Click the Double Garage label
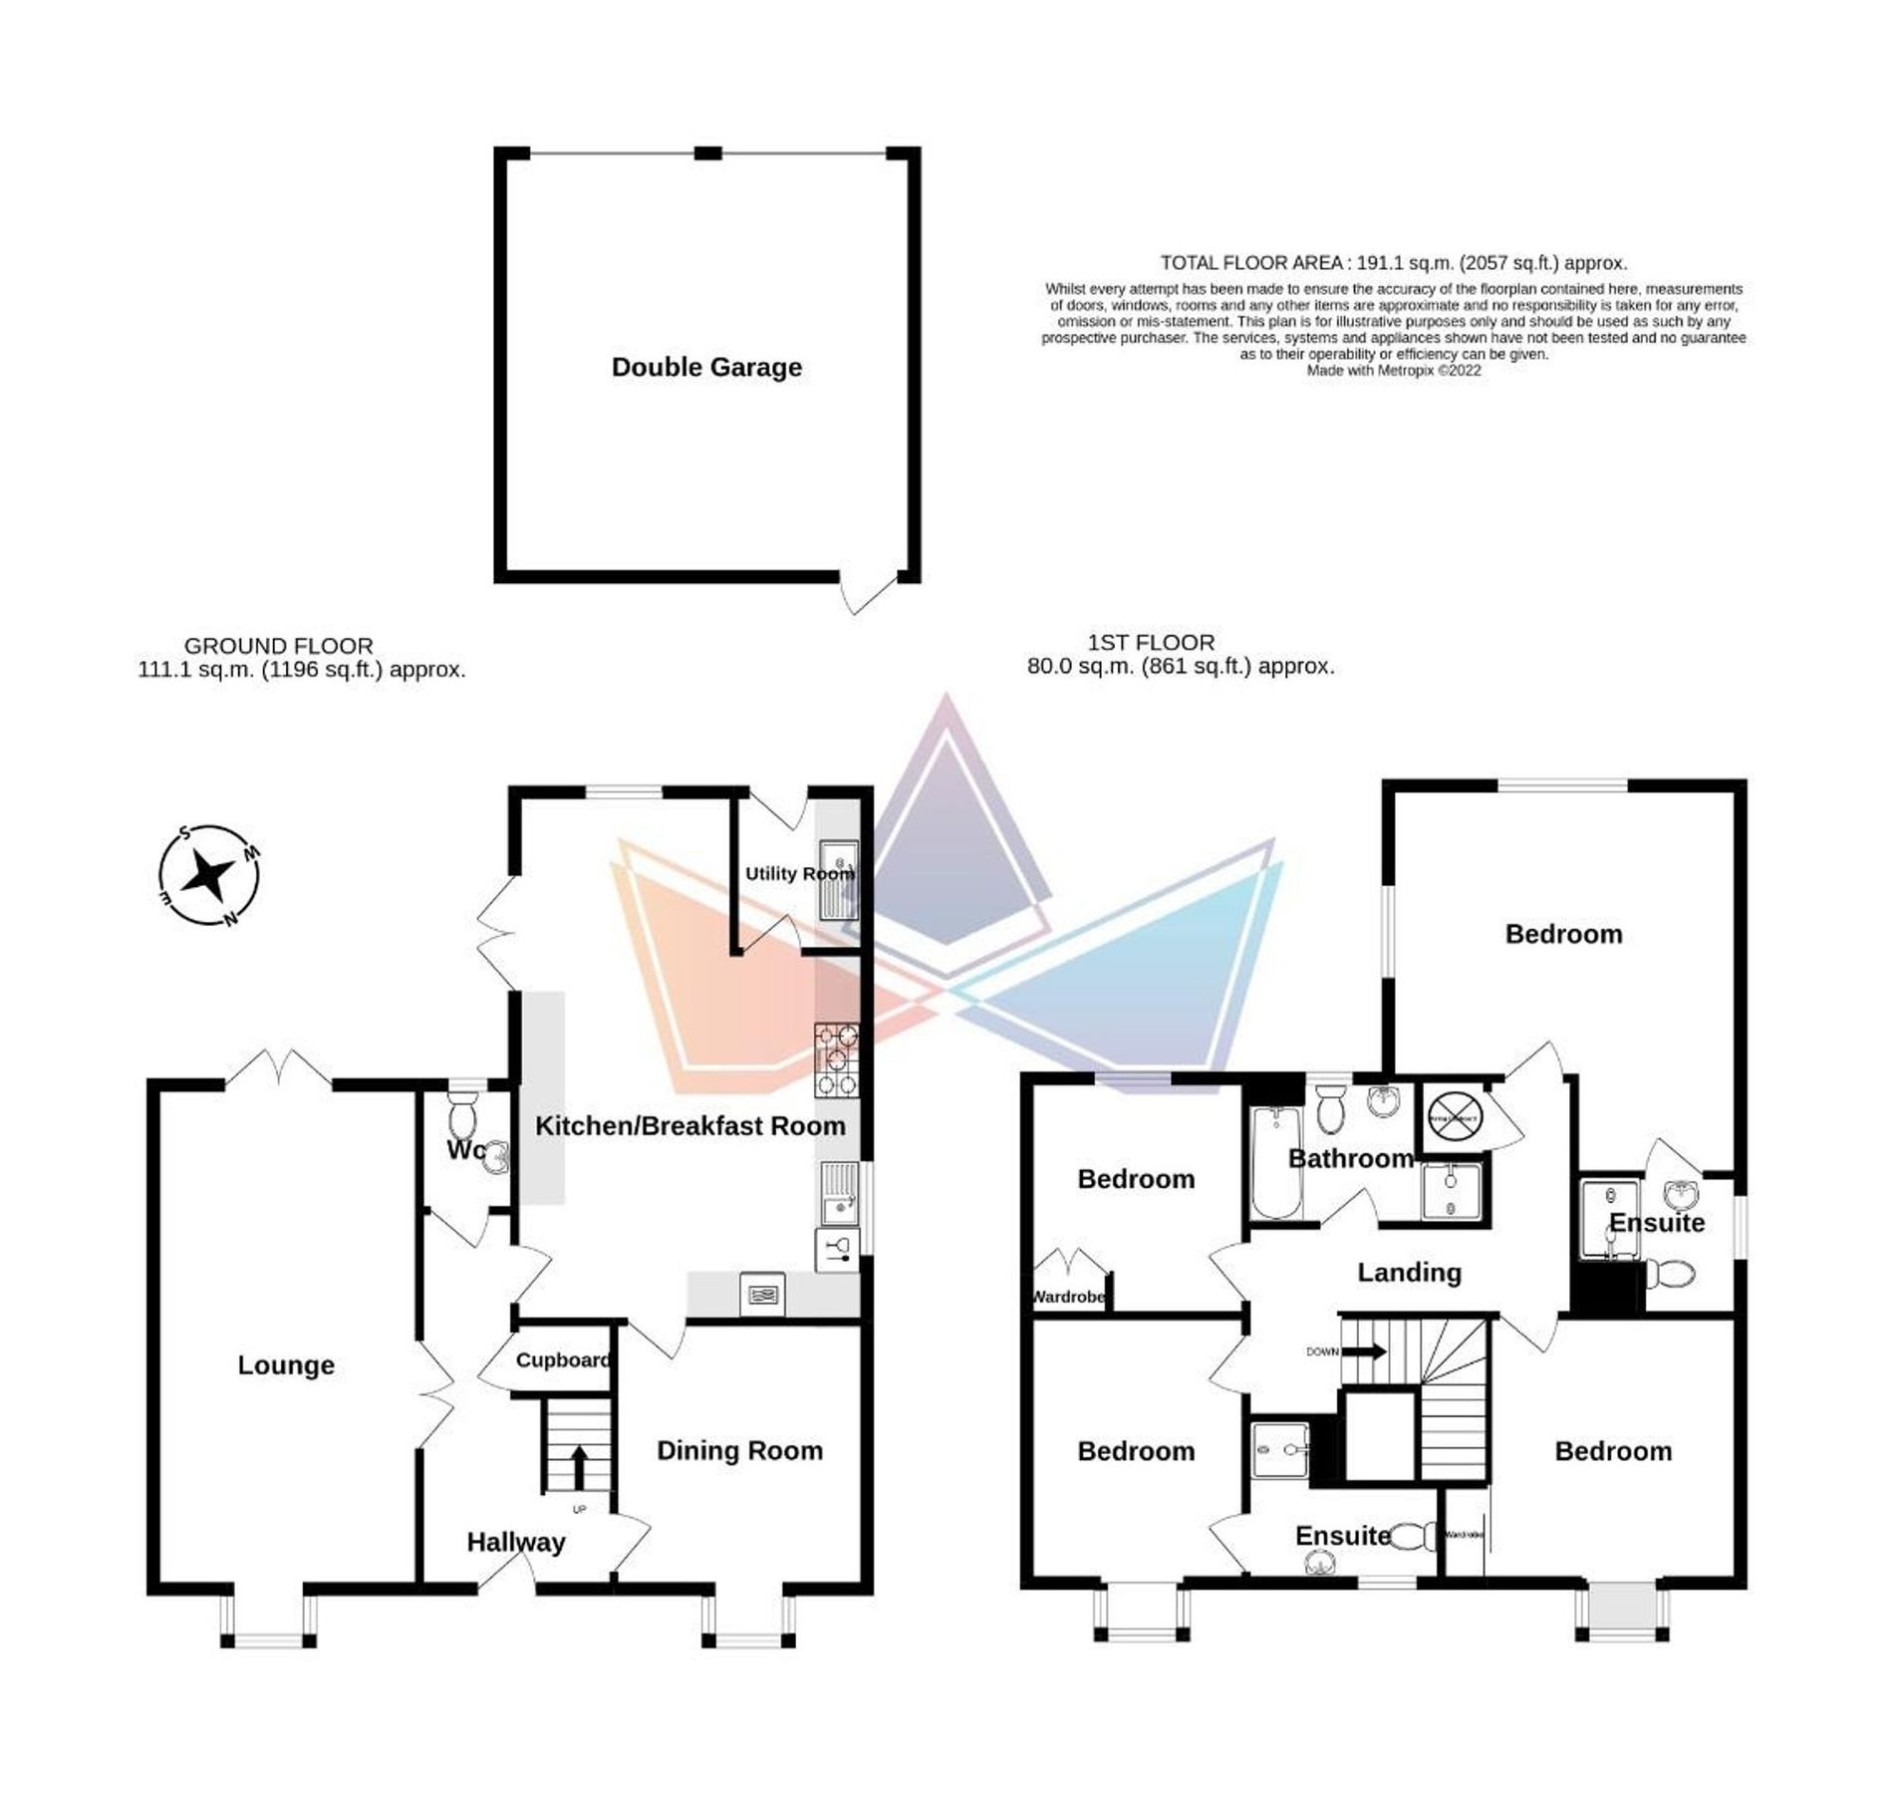(x=706, y=367)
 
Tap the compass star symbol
(x=209, y=875)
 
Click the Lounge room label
(x=286, y=1364)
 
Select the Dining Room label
(x=739, y=1450)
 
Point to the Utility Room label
(x=799, y=873)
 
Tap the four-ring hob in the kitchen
(x=836, y=1060)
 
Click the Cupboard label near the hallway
(x=563, y=1359)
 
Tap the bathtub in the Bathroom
(x=1275, y=1162)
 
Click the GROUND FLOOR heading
(x=279, y=646)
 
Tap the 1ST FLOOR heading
(x=1151, y=643)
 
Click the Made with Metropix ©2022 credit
(x=1393, y=370)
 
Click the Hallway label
(x=516, y=1542)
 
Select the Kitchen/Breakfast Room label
(x=689, y=1125)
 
